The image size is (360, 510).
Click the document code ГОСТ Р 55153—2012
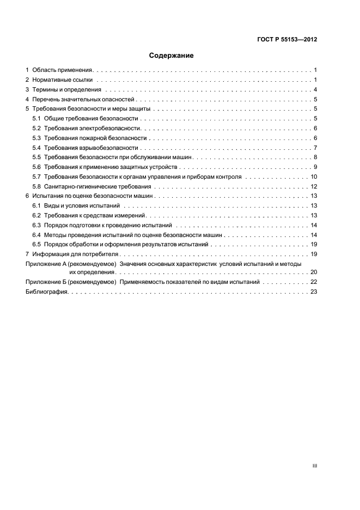click(288, 40)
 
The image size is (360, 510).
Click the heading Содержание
click(172, 56)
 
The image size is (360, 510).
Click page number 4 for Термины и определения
click(315, 90)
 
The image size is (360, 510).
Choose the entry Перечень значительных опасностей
click(83, 100)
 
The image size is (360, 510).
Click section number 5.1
click(36, 119)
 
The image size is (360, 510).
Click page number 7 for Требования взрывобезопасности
click(315, 148)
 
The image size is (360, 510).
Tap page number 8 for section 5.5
click(315, 157)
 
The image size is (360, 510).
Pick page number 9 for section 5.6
click(315, 167)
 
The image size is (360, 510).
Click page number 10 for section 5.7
click(314, 177)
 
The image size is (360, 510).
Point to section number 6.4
click(36, 235)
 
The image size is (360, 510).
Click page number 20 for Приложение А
click(314, 272)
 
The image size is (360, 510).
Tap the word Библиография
click(46, 293)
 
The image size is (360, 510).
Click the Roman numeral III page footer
click(315, 465)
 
